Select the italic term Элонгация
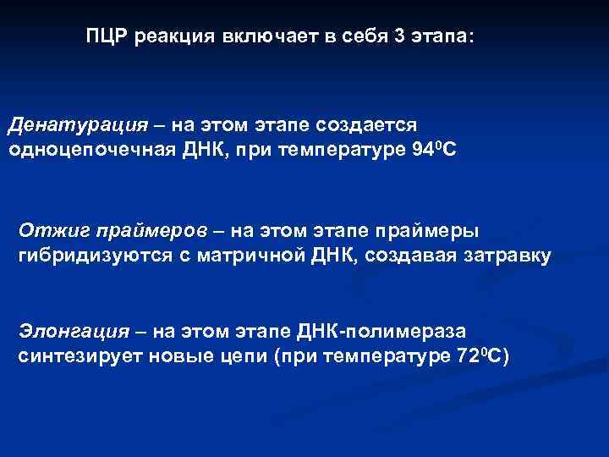click(x=74, y=331)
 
